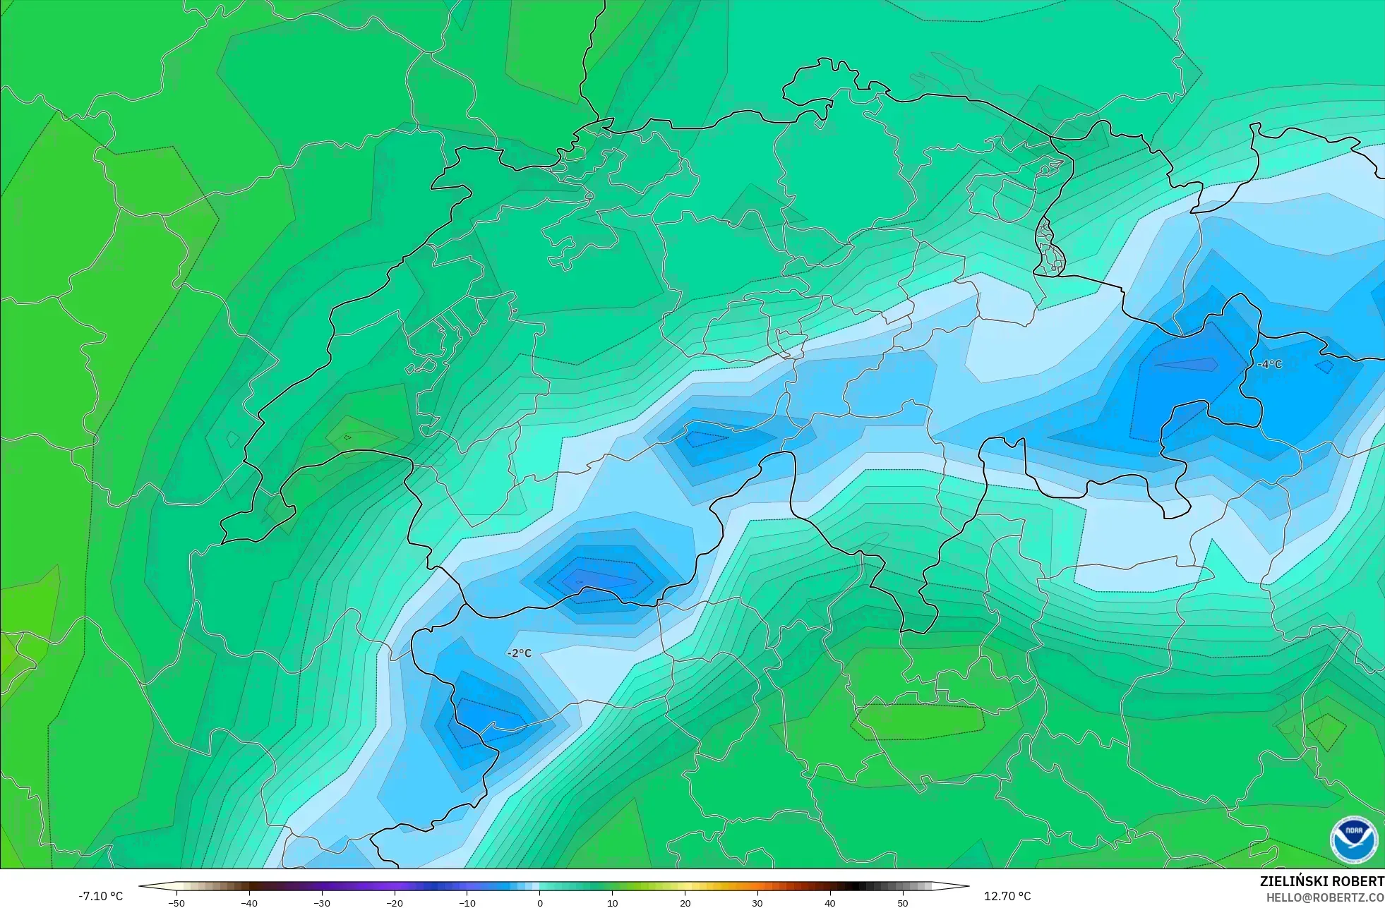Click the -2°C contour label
click(519, 653)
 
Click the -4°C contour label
click(1269, 364)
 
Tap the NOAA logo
click(1353, 840)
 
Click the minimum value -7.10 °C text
click(100, 896)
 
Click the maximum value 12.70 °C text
click(1007, 896)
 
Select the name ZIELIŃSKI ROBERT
click(1321, 881)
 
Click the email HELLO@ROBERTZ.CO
click(1324, 898)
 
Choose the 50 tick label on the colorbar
click(903, 903)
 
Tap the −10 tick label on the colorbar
click(467, 903)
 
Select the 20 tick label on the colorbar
click(685, 903)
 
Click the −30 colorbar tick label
click(322, 903)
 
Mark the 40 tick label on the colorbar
click(830, 903)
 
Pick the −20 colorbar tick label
click(395, 903)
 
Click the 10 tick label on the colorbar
click(612, 903)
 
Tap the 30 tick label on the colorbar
click(757, 903)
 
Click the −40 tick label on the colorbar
click(249, 903)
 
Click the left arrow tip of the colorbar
click(140, 886)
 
